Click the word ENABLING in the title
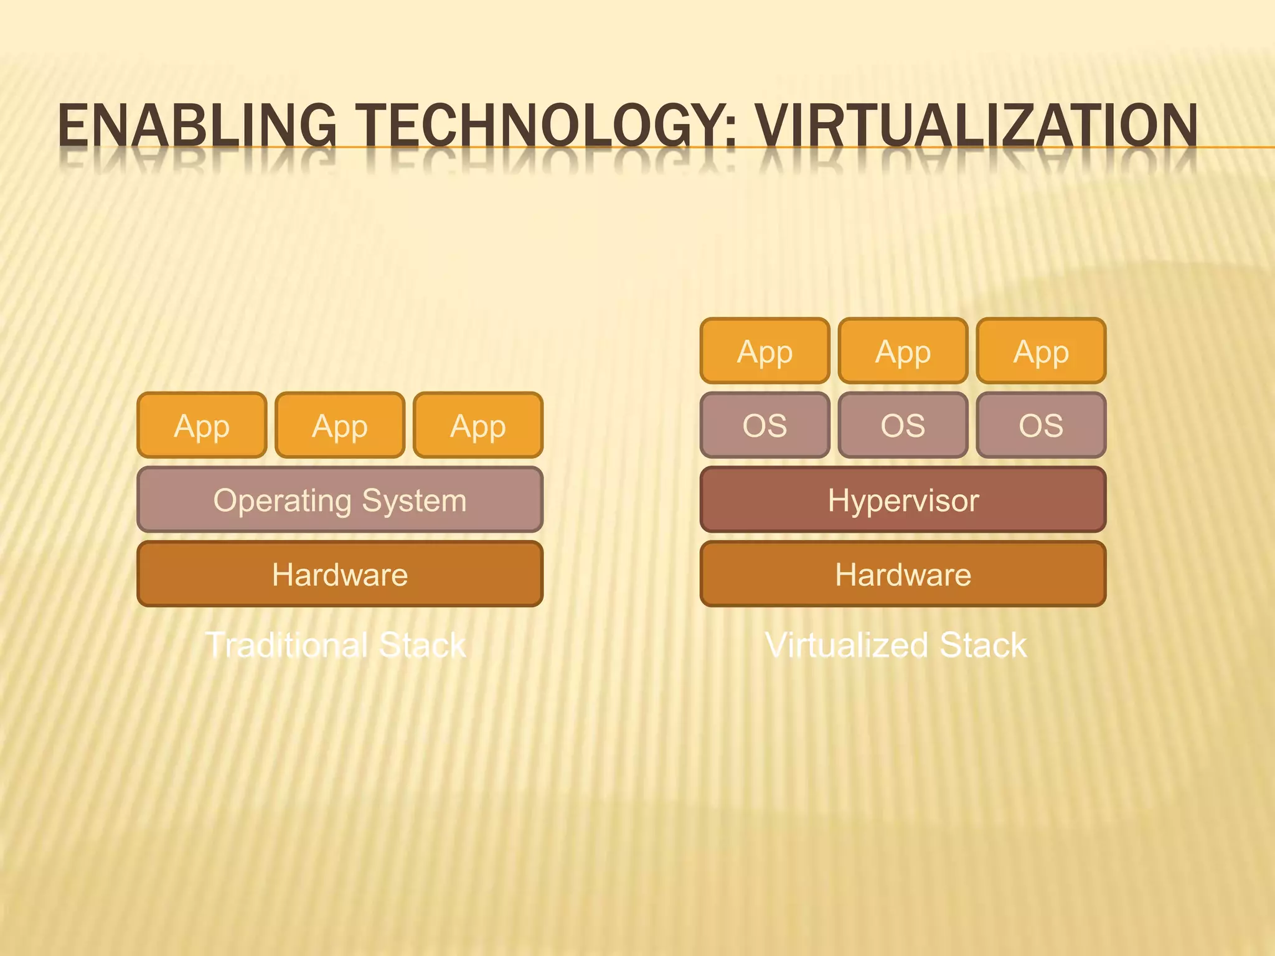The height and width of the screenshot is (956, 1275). click(197, 126)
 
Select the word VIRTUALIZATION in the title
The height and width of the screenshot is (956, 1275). click(976, 126)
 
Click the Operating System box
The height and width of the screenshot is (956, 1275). click(340, 500)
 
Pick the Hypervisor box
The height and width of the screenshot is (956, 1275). click(903, 500)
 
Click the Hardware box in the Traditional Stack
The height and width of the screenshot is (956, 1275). click(340, 574)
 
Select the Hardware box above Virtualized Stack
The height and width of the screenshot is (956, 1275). click(903, 574)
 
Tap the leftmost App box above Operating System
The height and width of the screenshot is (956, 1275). click(202, 426)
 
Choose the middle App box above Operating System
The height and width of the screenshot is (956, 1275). click(340, 426)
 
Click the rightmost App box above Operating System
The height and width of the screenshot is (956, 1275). click(478, 426)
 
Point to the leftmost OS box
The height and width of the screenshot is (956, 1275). click(765, 426)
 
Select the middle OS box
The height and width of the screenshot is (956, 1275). click(903, 426)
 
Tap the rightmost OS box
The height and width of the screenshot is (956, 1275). click(1041, 426)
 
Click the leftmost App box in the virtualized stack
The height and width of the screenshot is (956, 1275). click(765, 351)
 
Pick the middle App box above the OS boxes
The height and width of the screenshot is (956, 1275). click(903, 351)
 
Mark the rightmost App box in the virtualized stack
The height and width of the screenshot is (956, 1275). click(1041, 351)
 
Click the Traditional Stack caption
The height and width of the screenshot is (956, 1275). click(336, 645)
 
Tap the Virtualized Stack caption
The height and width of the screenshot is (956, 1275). click(896, 645)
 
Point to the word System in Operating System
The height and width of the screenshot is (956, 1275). click(414, 500)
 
